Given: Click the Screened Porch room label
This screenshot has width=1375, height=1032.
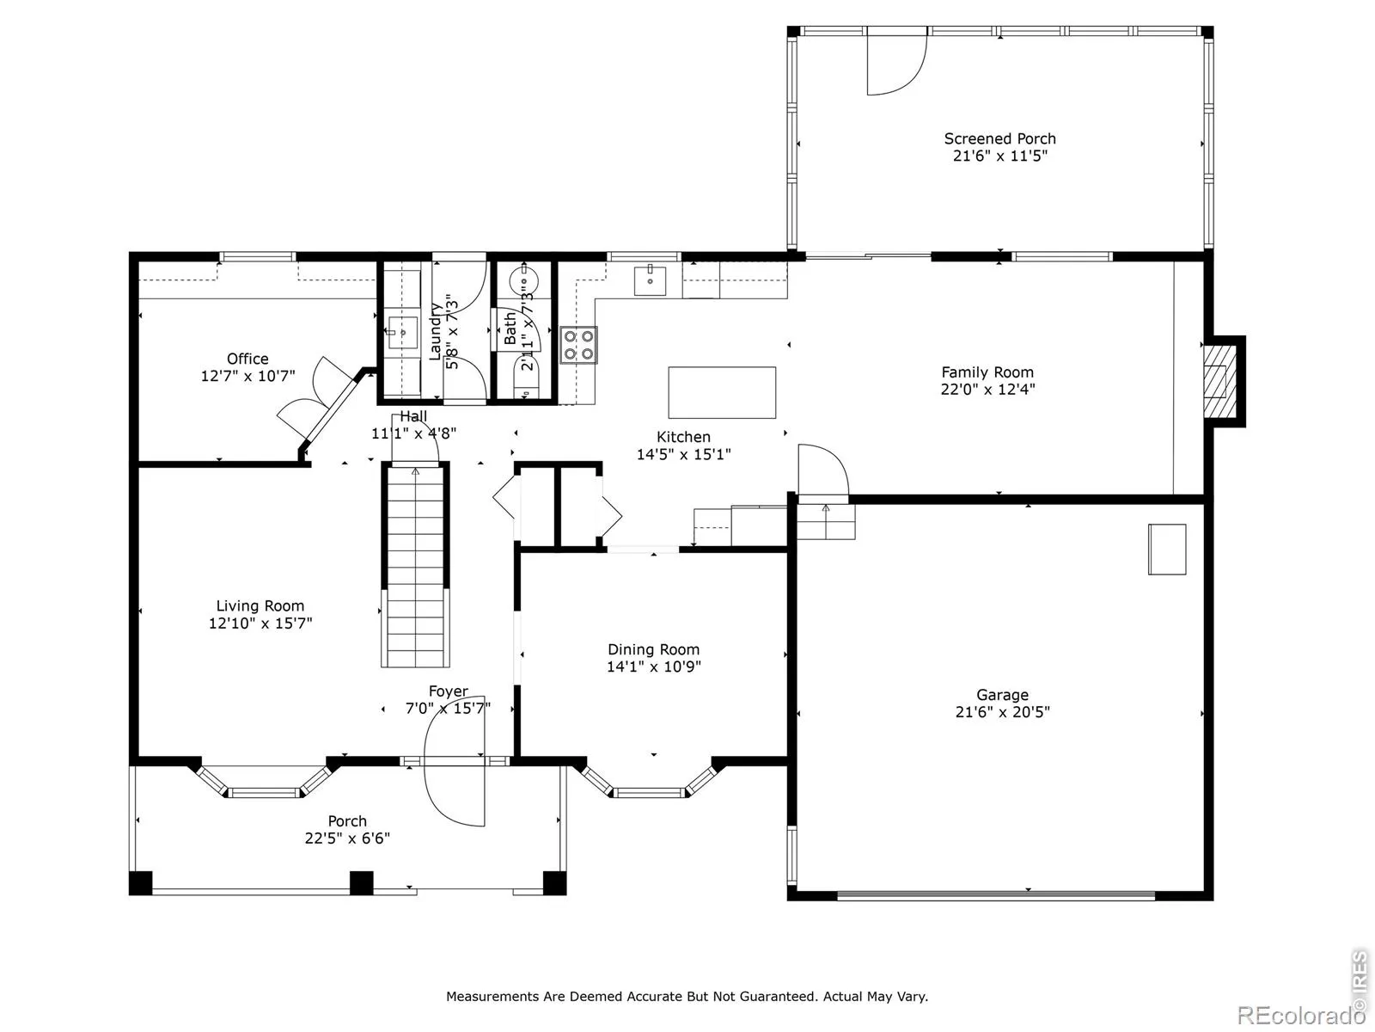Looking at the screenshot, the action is pyautogui.click(x=999, y=138).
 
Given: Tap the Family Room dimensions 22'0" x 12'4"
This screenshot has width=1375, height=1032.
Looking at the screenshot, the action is pyautogui.click(x=987, y=389).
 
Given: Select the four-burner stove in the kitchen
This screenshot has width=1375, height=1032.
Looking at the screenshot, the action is pyautogui.click(x=578, y=345).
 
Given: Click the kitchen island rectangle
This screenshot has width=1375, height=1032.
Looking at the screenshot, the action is pyautogui.click(x=722, y=392).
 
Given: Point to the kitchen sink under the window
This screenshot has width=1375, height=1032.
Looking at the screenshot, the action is pyautogui.click(x=650, y=280).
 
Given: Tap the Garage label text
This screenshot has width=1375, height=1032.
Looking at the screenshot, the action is pyautogui.click(x=1002, y=694).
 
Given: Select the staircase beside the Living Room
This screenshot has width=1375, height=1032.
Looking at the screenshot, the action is pyautogui.click(x=415, y=565).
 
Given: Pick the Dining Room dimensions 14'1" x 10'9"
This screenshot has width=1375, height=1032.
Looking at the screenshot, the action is pyautogui.click(x=653, y=666).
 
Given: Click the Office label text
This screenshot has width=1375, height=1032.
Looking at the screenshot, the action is pyautogui.click(x=247, y=359).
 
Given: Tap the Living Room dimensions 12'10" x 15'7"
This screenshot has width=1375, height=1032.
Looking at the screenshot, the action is pyautogui.click(x=260, y=623).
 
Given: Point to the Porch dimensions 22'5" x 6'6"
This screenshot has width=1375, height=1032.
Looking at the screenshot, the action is pyautogui.click(x=347, y=838).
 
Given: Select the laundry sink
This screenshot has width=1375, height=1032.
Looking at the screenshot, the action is pyautogui.click(x=402, y=332).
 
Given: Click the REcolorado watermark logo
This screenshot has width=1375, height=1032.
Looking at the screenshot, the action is pyautogui.click(x=1301, y=1015).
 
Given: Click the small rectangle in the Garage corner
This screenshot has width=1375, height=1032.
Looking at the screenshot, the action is pyautogui.click(x=1167, y=549).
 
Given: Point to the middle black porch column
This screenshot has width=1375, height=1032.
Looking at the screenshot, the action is pyautogui.click(x=361, y=883).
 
